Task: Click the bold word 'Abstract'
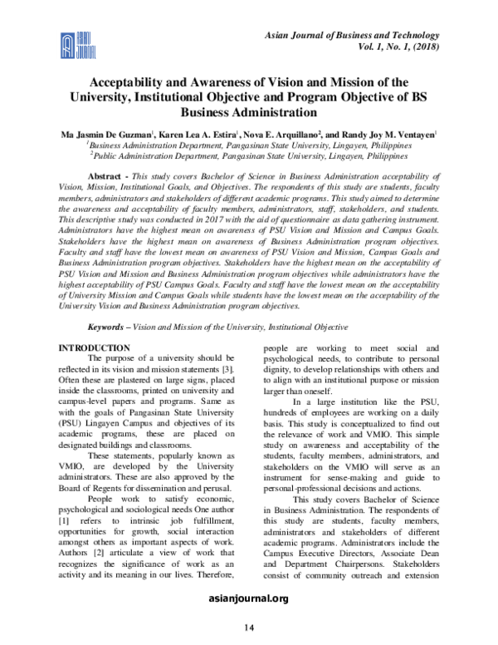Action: (109, 178)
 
